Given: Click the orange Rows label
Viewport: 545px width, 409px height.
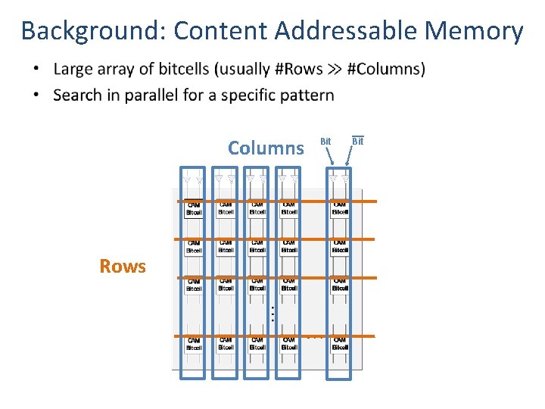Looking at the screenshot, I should click(x=123, y=266).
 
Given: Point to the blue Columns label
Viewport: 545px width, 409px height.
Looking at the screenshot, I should click(x=266, y=148).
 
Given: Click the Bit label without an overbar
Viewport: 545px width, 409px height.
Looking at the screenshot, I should click(x=325, y=141).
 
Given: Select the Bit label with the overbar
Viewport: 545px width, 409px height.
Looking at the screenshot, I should click(x=358, y=141).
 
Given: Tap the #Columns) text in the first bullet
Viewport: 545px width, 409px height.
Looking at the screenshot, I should click(x=386, y=70).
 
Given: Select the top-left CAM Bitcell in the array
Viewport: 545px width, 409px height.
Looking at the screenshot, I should click(x=194, y=208).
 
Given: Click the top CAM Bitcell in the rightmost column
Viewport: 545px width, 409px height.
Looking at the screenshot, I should click(x=340, y=208).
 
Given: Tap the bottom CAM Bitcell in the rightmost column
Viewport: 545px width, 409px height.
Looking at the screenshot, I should click(x=340, y=344).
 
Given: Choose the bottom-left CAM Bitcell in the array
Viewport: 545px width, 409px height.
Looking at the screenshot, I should click(x=194, y=344).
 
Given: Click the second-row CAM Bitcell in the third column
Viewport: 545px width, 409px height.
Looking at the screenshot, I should click(x=257, y=246).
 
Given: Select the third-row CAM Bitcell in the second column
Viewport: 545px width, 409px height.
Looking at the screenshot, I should click(x=226, y=285).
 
